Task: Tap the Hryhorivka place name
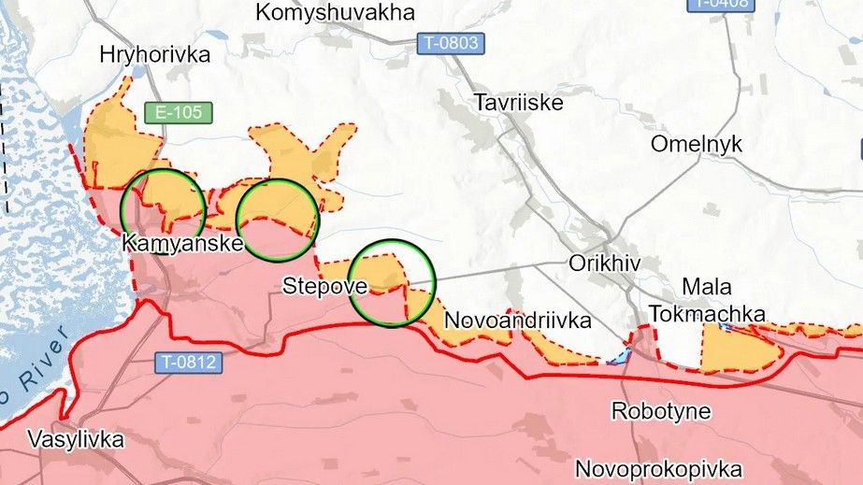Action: [155, 55]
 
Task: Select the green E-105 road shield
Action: [178, 113]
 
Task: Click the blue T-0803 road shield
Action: [448, 42]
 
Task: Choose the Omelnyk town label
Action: [697, 144]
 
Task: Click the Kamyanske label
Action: [182, 243]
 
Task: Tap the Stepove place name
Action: [319, 285]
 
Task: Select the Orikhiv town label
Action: [605, 264]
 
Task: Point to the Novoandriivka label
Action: [518, 321]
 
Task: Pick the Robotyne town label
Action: [661, 410]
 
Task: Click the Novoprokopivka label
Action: [659, 468]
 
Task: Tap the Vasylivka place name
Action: [74, 440]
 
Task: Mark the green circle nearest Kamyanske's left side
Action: [164, 207]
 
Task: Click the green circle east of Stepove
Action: [394, 283]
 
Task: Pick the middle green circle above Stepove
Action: [278, 220]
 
